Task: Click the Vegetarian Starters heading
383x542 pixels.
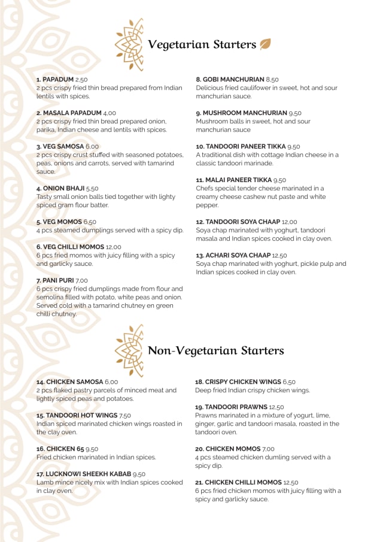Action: [201, 44]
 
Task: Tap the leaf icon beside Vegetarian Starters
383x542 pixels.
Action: [265, 44]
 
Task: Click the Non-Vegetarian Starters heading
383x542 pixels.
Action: [215, 350]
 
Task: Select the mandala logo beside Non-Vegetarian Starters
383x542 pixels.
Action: [129, 350]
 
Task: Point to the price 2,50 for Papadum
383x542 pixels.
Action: [81, 79]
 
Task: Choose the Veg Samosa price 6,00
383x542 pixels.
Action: [92, 146]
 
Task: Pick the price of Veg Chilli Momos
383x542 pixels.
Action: [114, 247]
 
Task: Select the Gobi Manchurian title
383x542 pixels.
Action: [230, 79]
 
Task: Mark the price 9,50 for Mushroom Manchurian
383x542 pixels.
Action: [295, 113]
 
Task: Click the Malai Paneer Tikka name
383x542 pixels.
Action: [233, 180]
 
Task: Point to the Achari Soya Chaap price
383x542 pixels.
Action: [279, 255]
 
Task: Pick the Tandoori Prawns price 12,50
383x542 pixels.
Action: [276, 407]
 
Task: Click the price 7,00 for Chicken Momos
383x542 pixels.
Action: [268, 449]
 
